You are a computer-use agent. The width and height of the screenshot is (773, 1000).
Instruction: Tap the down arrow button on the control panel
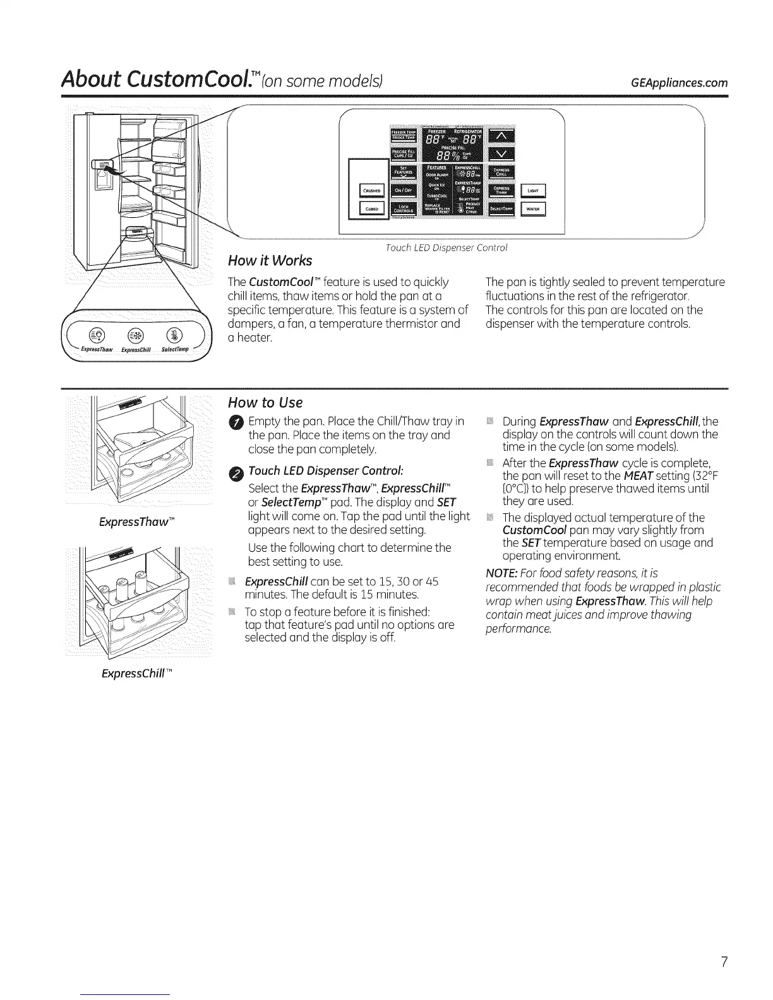(503, 154)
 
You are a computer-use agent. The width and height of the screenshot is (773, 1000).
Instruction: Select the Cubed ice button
(371, 210)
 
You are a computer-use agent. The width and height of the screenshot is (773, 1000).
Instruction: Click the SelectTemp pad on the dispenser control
(503, 210)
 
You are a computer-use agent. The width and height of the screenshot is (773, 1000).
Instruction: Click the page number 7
(724, 962)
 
